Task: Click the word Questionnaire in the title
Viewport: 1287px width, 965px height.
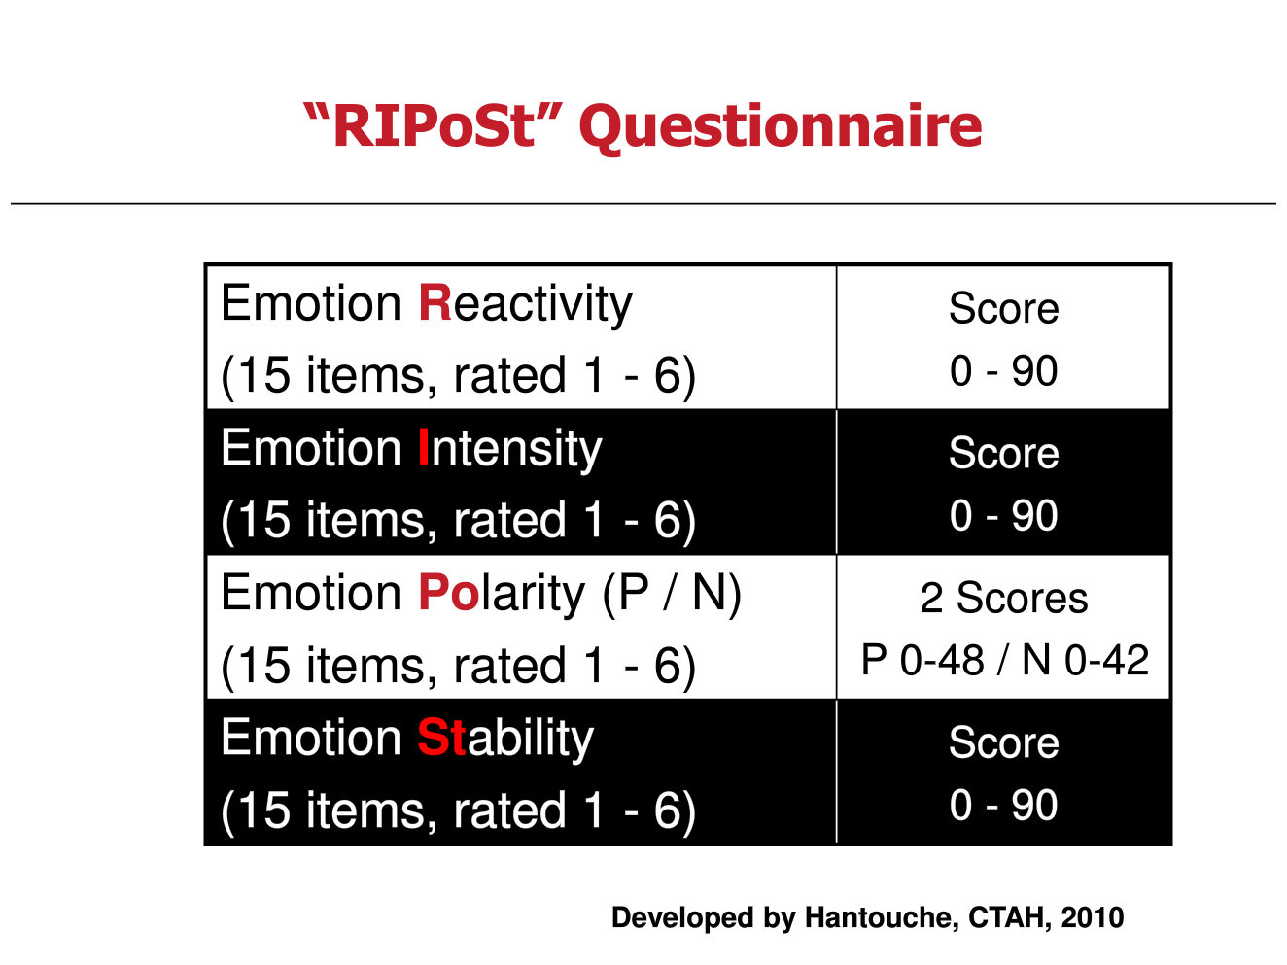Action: coord(781,127)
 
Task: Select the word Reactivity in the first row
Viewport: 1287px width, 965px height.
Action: coord(525,304)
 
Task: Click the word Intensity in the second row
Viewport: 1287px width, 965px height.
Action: coord(510,448)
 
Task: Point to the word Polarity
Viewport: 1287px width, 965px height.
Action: coord(502,593)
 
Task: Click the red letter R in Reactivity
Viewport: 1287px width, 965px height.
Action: coord(435,302)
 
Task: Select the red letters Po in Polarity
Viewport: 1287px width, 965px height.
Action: coord(449,593)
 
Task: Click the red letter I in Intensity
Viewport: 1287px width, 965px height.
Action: coord(424,446)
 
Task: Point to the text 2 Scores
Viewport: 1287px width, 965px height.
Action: coord(1003,598)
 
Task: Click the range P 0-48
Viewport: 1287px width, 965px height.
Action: coord(922,660)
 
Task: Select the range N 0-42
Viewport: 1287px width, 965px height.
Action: coord(1085,660)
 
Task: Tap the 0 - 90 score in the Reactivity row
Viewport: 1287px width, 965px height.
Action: coord(1003,370)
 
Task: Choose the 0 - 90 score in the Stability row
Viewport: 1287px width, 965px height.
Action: coord(1003,805)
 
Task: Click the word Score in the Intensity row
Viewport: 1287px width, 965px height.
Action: coord(1003,453)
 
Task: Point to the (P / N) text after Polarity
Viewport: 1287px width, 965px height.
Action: coord(672,594)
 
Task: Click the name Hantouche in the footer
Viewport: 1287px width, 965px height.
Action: coord(882,917)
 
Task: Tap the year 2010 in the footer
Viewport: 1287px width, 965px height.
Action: coord(1092,917)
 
